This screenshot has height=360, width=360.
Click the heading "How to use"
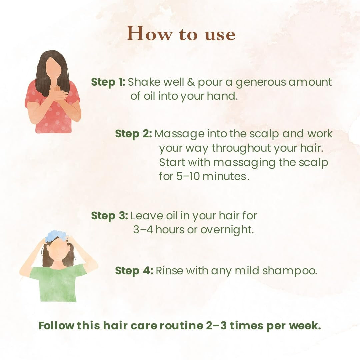coord(181,34)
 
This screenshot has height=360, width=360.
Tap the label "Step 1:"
coord(108,82)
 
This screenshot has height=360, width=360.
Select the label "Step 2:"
coord(133,134)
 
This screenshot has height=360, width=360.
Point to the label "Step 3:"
coord(109,216)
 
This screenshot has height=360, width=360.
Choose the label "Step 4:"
coord(134,271)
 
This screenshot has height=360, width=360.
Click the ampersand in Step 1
coord(191,82)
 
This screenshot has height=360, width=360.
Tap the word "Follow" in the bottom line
coord(56,326)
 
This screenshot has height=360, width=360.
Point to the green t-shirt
coord(58,283)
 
